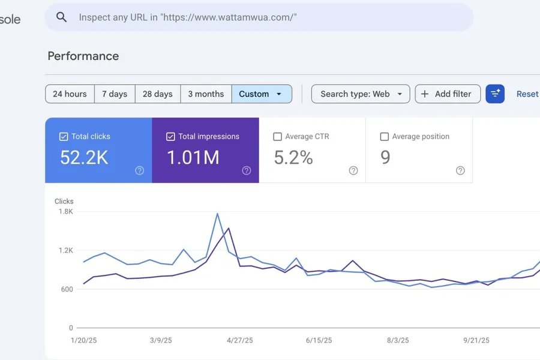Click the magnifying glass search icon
(61, 17)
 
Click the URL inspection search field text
(188, 17)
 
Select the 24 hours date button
(70, 94)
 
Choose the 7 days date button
(115, 94)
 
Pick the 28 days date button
(158, 94)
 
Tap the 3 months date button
(206, 94)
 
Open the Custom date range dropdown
(261, 94)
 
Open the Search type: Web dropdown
(361, 94)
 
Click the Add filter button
(448, 94)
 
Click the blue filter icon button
(495, 94)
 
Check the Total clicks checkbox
(64, 137)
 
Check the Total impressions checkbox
(170, 137)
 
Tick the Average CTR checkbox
(277, 137)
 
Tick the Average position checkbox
(384, 137)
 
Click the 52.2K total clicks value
(84, 158)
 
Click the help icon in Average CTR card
(353, 170)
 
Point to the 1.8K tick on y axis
(65, 211)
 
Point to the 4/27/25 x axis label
(240, 340)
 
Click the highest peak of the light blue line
(217, 214)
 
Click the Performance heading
(83, 56)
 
